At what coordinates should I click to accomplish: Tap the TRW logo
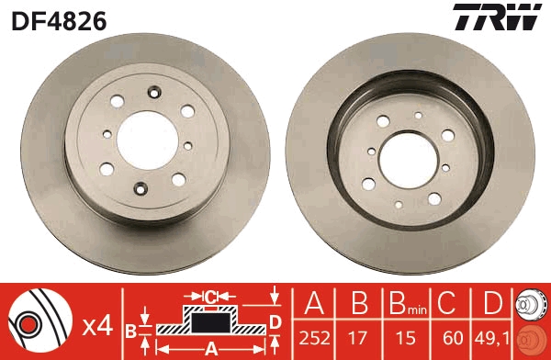coord(496,18)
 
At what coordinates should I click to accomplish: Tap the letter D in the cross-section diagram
coord(275,321)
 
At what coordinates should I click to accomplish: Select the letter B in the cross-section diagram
coord(131,330)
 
